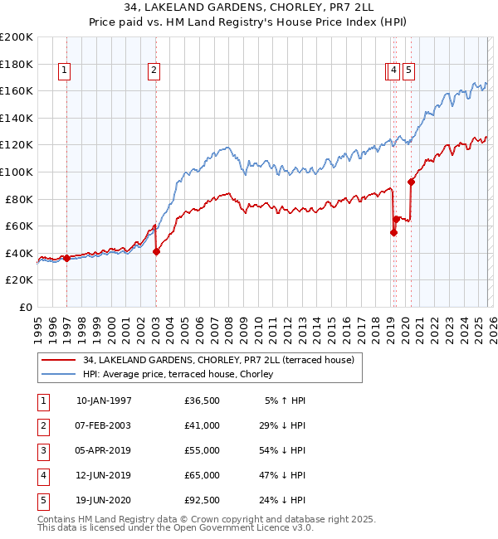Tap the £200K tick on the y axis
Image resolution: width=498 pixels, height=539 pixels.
[x=17, y=37]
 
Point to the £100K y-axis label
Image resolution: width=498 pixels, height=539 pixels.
[x=17, y=172]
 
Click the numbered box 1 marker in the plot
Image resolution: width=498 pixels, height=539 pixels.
[x=66, y=71]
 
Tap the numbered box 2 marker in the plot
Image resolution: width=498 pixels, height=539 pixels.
[x=154, y=71]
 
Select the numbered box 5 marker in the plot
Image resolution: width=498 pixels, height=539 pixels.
[x=410, y=71]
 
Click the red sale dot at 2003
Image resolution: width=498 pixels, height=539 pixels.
[x=156, y=252]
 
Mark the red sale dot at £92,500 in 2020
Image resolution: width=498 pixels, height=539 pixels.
[x=411, y=182]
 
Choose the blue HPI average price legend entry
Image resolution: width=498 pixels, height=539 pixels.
[x=183, y=374]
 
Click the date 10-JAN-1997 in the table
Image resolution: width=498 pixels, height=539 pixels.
[x=104, y=401]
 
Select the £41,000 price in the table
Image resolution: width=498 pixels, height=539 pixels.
[x=203, y=425]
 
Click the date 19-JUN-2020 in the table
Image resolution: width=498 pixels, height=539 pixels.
[x=104, y=500]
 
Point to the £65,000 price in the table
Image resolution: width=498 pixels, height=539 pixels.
[x=203, y=475]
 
